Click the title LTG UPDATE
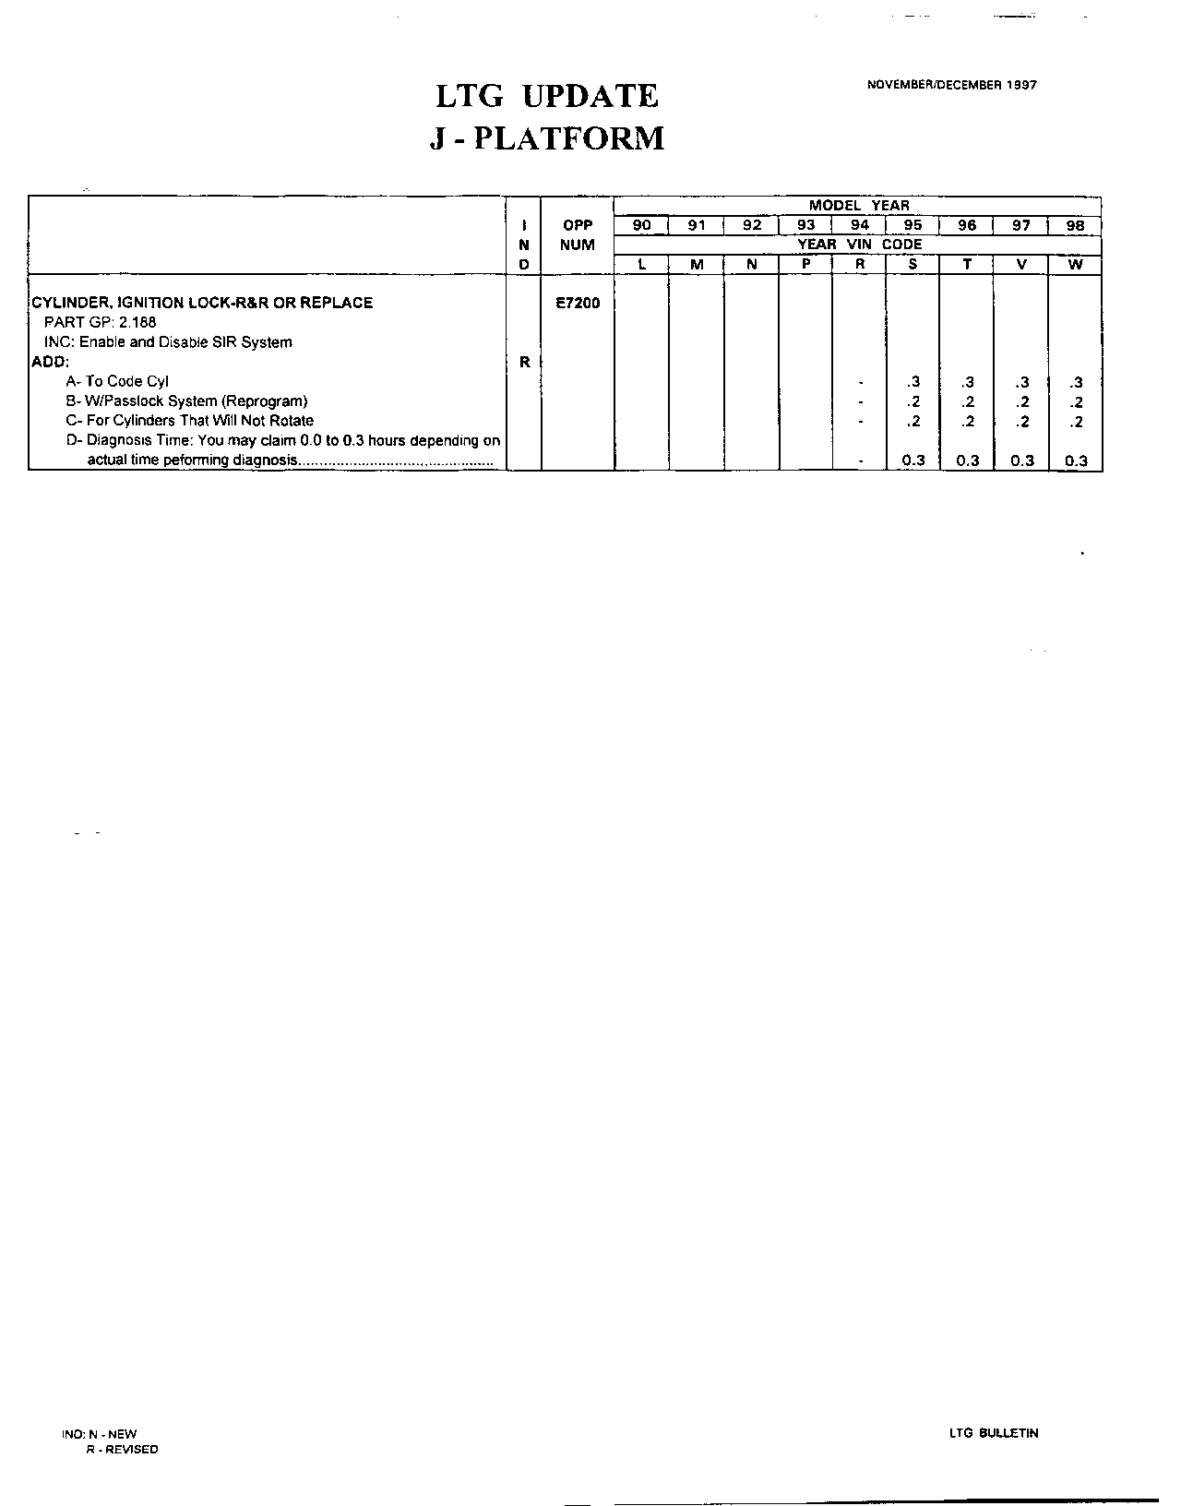point(547,97)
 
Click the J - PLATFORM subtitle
point(547,138)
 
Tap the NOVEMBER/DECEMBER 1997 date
point(951,85)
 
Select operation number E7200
point(578,303)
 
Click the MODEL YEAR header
point(858,206)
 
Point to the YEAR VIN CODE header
point(858,245)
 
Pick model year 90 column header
point(642,225)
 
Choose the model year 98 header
point(1075,225)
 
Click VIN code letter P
point(805,265)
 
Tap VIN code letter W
point(1075,265)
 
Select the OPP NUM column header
point(578,235)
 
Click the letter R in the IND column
point(524,362)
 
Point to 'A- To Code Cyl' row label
point(117,381)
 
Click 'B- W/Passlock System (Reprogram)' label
point(186,401)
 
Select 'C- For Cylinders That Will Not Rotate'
point(189,421)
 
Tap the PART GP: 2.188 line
point(101,322)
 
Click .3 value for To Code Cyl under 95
point(913,382)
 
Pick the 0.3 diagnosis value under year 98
point(1076,460)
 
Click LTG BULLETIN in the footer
point(993,1433)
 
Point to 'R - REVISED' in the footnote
point(122,1450)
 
